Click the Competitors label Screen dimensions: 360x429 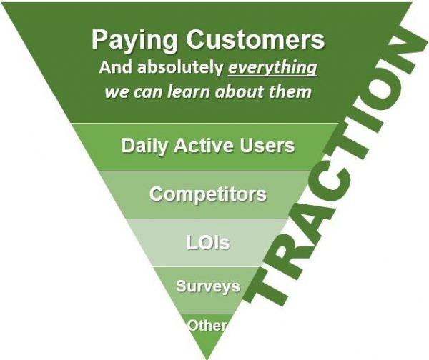point(207,194)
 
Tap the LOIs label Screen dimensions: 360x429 point(207,242)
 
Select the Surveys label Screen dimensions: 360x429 point(208,286)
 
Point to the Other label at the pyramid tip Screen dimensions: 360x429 point(207,326)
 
